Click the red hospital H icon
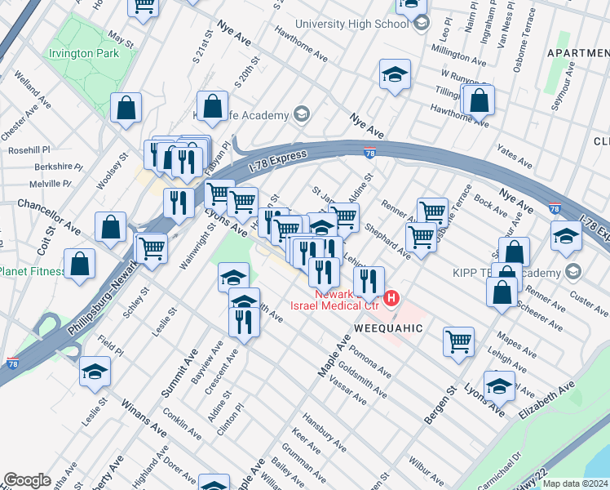[x=391, y=298]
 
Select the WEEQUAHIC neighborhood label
[x=388, y=327]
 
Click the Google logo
[x=27, y=480]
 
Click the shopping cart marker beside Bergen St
[x=459, y=341]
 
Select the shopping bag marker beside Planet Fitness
[x=79, y=263]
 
